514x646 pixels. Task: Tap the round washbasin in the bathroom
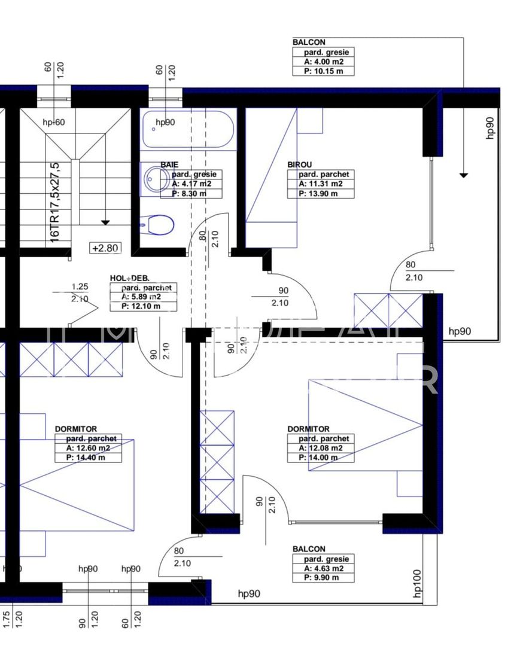tap(157, 178)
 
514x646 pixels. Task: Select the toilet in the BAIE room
tap(159, 225)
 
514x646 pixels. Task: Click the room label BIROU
tap(299, 164)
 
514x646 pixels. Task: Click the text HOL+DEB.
tap(129, 278)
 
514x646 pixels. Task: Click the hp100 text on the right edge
tap(417, 583)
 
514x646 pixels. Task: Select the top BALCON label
tap(309, 42)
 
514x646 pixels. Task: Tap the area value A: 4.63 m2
tap(323, 568)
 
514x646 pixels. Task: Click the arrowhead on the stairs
tap(106, 223)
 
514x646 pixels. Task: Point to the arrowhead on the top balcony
tap(464, 175)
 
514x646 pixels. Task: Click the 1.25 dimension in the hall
tap(80, 287)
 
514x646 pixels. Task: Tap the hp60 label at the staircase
tap(54, 123)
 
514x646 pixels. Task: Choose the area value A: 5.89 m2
tap(141, 297)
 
